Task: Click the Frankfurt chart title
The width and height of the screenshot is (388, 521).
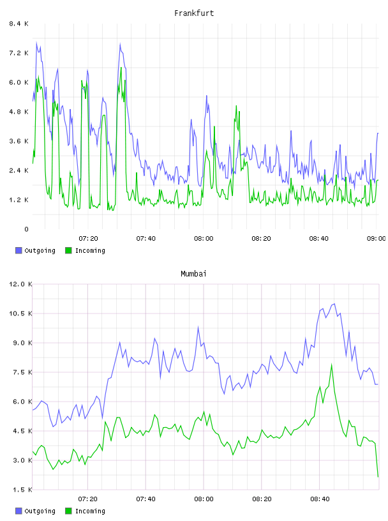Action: coord(194,13)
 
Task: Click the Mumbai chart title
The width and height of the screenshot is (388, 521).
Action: coord(193,274)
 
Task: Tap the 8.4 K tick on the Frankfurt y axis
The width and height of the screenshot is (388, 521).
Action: coord(19,24)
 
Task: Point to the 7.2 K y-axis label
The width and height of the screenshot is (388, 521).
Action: coord(19,53)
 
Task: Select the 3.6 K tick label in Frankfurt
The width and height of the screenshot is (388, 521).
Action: coord(19,141)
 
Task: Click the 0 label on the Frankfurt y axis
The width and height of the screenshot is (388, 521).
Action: coord(27,229)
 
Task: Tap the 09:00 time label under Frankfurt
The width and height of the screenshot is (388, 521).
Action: coord(376,239)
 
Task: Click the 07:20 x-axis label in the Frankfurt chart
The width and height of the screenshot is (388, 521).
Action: coord(88,239)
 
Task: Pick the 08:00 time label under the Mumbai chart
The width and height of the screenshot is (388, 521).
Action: coord(204,499)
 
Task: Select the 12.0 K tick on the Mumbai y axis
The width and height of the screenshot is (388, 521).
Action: coord(20,284)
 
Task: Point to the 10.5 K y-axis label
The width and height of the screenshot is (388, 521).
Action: coord(20,313)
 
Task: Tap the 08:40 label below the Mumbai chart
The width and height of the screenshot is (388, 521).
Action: coord(320,499)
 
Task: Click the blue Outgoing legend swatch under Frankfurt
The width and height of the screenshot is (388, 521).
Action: coord(19,250)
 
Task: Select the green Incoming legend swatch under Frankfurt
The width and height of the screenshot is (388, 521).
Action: coord(68,250)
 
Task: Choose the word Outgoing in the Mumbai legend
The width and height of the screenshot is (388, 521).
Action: coord(40,511)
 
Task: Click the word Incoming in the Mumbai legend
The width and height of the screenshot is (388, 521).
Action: coord(90,511)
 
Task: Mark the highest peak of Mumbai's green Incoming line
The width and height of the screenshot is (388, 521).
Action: coord(332,365)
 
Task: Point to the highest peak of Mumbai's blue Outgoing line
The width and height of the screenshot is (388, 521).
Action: coord(334,304)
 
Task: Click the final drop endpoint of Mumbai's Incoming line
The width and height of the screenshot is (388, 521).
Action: coord(378,477)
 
